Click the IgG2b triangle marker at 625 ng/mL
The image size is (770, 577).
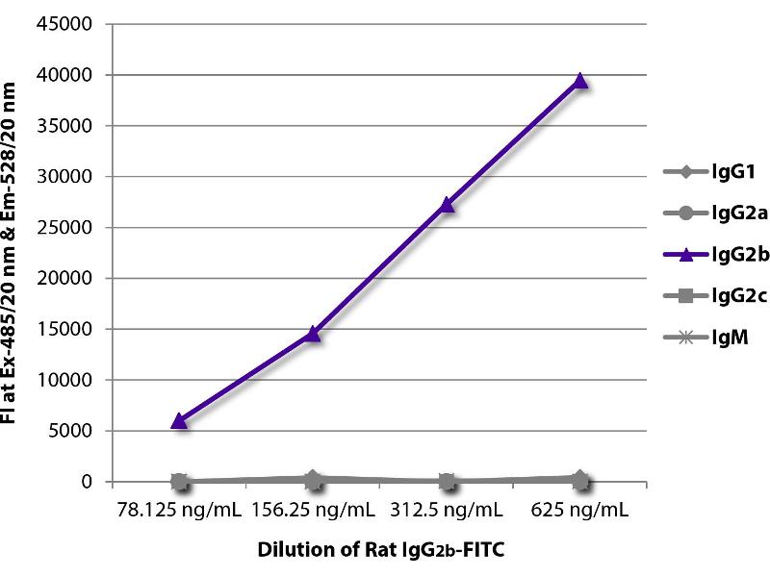click(x=580, y=81)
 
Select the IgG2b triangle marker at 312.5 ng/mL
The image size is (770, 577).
click(x=447, y=204)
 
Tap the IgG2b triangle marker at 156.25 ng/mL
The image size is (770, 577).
click(x=313, y=333)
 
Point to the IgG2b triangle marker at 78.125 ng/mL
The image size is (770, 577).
click(x=179, y=420)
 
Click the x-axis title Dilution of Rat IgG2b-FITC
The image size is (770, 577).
click(x=380, y=552)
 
